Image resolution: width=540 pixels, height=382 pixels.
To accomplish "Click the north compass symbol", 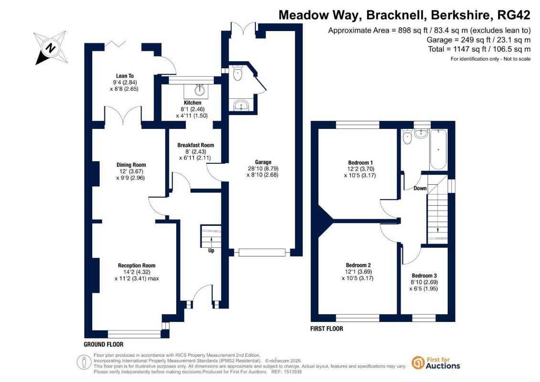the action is click(x=51, y=48).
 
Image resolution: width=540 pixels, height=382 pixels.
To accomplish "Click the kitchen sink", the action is click(x=200, y=91).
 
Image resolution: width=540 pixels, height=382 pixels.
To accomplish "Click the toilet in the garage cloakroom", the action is click(x=237, y=73).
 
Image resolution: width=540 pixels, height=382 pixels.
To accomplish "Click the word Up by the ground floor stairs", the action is click(x=211, y=250).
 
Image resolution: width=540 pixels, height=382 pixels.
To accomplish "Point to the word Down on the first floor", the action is click(x=420, y=188).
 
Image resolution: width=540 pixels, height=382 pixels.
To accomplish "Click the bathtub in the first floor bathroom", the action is click(x=438, y=149).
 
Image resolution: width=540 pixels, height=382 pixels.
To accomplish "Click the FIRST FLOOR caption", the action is click(x=327, y=329).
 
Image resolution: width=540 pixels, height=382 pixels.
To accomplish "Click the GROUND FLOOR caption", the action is click(x=103, y=344).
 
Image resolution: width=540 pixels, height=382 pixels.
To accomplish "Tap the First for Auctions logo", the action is click(x=435, y=363).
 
